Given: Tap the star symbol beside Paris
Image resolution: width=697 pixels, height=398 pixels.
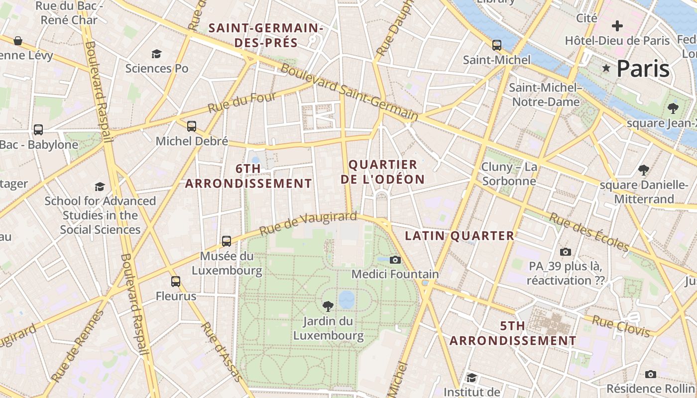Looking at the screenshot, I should [606, 68].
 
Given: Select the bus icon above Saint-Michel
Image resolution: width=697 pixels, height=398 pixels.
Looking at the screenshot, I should [496, 45].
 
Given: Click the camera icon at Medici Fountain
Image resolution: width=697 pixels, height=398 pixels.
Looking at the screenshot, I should [395, 260].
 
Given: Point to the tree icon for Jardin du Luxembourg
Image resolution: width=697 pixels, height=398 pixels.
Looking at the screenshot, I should [328, 306].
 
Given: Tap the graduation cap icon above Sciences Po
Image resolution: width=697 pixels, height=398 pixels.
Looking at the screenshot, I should [157, 54].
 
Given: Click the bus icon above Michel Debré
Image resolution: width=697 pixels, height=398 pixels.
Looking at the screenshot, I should [192, 126].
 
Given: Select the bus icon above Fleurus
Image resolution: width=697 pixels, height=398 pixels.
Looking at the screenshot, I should [176, 282].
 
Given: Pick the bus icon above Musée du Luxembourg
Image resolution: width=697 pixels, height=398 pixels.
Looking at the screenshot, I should [227, 241].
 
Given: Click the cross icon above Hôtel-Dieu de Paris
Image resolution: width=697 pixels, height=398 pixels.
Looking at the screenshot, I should [617, 26].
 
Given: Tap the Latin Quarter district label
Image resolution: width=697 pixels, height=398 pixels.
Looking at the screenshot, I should [459, 236].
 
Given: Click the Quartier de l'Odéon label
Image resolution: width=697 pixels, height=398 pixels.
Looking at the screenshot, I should [383, 172].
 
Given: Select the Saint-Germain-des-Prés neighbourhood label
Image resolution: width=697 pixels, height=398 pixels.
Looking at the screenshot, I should [266, 35].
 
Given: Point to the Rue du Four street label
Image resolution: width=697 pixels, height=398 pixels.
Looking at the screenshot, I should [241, 102].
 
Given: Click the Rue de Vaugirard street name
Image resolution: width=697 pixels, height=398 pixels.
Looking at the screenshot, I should [308, 223].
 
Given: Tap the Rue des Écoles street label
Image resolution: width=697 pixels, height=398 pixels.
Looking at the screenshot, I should [589, 232].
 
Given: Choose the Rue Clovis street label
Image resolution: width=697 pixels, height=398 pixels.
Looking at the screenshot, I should [620, 326].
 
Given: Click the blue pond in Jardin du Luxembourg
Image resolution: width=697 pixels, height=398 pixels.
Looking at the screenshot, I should [347, 299].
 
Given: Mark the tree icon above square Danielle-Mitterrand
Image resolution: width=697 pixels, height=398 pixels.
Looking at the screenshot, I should [644, 170].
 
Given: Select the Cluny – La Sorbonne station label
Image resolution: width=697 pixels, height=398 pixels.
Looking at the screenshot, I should [509, 174].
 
